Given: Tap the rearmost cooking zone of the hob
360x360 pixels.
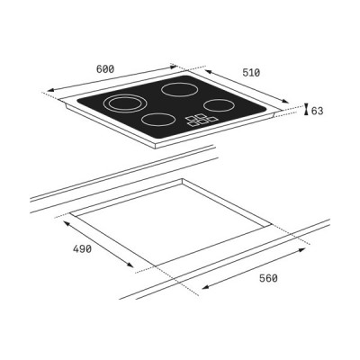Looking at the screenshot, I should pos(178,89).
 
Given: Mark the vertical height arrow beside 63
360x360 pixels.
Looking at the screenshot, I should pos(307,110).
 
